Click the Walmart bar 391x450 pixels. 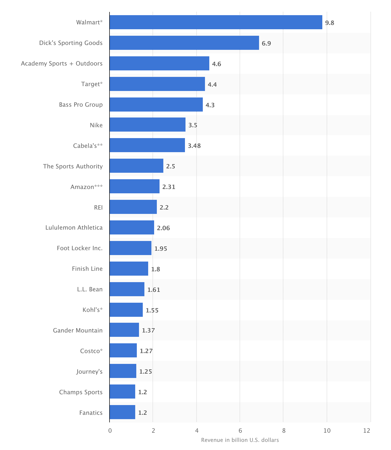[216, 22]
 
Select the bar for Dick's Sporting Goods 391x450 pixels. [184, 43]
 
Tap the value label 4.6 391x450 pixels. [217, 64]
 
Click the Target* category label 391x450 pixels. [92, 84]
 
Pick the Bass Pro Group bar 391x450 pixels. [156, 105]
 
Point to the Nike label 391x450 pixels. [96, 125]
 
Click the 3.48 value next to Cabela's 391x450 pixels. [194, 146]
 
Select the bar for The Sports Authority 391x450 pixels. [136, 166]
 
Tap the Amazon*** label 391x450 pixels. [87, 187]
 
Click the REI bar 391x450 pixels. [133, 207]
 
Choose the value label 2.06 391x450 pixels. [163, 228]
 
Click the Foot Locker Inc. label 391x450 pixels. [80, 248]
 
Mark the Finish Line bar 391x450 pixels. [129, 269]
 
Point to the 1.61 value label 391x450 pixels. [154, 290]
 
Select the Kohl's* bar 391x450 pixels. [126, 310]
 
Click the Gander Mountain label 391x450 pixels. [78, 330]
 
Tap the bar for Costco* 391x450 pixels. [123, 350]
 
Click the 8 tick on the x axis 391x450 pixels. [283, 431]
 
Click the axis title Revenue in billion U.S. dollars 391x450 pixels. [240, 440]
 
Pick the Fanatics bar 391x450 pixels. [122, 412]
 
